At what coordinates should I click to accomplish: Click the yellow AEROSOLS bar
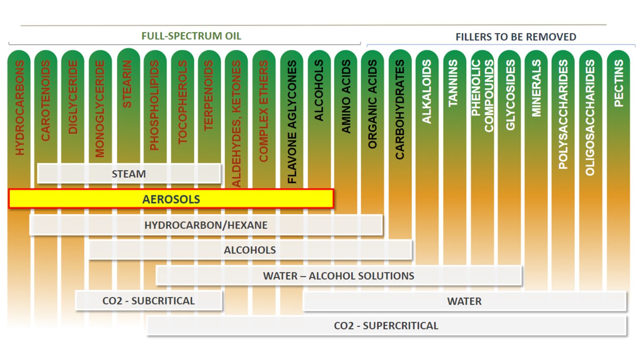(x=171, y=199)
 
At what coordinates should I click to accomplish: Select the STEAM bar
(x=129, y=174)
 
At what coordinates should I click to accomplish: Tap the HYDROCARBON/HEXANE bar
(x=206, y=225)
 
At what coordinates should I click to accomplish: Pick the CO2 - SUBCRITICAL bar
(x=148, y=301)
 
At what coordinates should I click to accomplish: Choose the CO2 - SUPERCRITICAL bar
(x=386, y=325)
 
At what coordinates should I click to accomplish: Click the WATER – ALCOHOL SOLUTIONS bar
(x=338, y=276)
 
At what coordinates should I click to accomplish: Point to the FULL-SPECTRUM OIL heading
(x=191, y=36)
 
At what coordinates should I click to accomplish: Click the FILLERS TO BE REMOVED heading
(x=516, y=37)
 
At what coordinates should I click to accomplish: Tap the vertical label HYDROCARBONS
(x=20, y=107)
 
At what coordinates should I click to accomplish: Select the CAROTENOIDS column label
(x=45, y=100)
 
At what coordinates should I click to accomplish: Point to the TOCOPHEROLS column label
(x=182, y=102)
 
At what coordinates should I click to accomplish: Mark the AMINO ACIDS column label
(x=346, y=96)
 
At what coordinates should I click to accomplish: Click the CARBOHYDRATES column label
(x=400, y=109)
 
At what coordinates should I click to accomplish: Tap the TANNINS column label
(x=453, y=83)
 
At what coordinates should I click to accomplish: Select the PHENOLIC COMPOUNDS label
(x=482, y=95)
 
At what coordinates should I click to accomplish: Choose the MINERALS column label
(x=536, y=88)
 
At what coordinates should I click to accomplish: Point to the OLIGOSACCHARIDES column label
(x=590, y=117)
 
